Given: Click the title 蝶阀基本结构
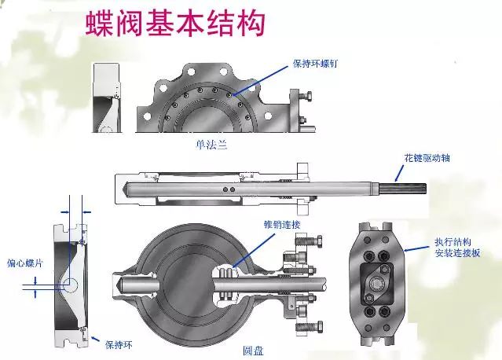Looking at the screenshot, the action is coord(176,24).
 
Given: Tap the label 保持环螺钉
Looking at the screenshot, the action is coord(315,64).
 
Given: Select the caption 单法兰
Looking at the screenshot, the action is coord(211,145).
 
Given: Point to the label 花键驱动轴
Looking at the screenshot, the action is coord(427,157).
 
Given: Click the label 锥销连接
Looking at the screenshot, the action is coord(282,225).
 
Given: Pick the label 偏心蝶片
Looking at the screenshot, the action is coord(25,263).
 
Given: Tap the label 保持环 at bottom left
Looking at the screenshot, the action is coord(119,344).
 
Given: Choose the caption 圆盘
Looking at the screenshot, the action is coord(253,351).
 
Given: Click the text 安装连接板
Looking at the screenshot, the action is coord(457,253).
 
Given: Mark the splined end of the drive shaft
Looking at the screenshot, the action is coord(403,189).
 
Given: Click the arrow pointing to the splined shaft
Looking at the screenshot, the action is coord(399,173).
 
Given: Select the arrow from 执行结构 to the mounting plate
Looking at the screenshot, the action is coord(416,248).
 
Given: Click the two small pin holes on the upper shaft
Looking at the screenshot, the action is coord(229,189).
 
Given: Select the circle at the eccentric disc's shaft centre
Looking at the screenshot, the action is coord(70,284).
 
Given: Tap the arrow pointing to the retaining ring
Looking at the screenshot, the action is coord(95,339).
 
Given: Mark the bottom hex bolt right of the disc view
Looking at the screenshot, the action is coord(310,326).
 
